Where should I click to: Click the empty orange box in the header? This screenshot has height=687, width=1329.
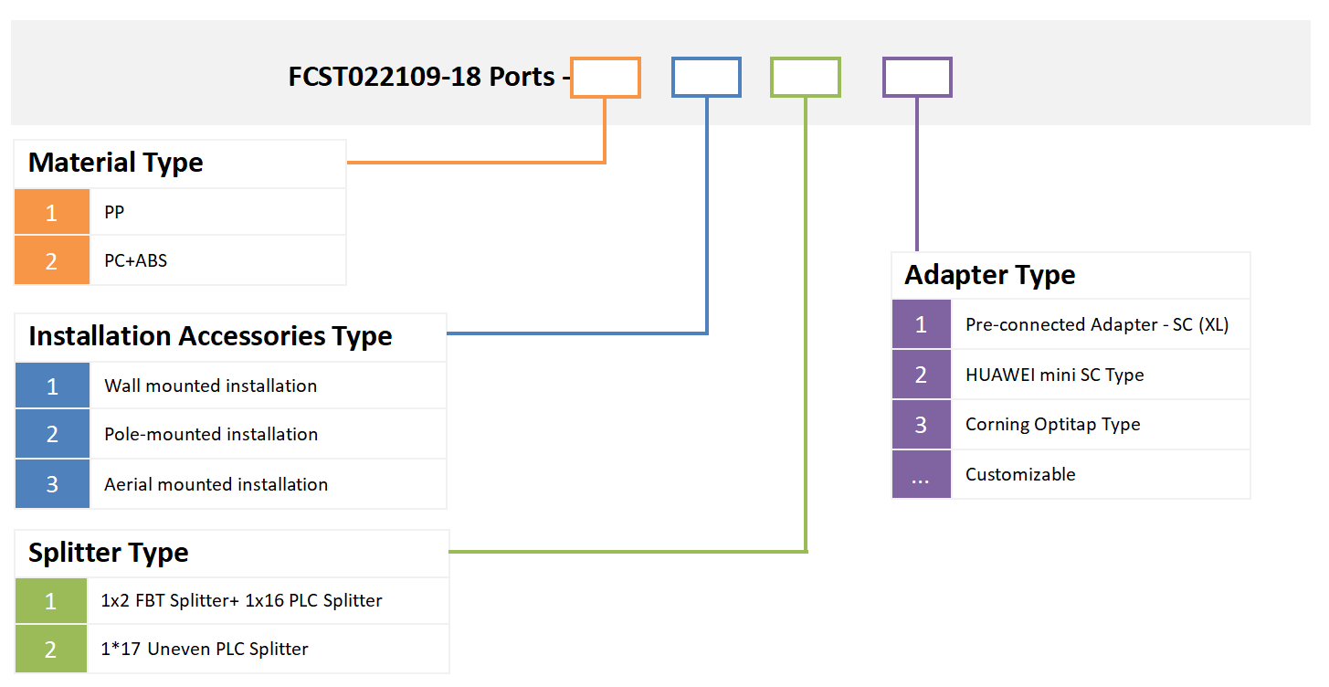coord(605,78)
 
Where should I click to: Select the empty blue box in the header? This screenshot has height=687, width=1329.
coord(706,78)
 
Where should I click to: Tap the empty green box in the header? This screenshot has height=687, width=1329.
coord(805,78)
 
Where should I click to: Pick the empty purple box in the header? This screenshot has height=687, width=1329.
coord(917,78)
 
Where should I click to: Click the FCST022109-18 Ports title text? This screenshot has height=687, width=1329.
coord(422,77)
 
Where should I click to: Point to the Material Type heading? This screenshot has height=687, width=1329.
coord(116,163)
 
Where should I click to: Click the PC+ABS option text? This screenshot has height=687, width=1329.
coord(135,260)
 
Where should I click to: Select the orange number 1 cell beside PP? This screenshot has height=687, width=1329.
coord(52,213)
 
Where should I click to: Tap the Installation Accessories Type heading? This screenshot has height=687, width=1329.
coord(210,336)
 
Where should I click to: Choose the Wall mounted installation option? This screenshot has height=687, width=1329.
coord(210,386)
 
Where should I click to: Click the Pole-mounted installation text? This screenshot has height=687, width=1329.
coord(211,435)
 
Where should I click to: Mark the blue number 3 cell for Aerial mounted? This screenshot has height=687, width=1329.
coord(52,484)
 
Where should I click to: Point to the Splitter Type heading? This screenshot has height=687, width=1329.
coord(109,553)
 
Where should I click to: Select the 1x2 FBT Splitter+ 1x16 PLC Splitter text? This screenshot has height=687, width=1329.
coord(241,601)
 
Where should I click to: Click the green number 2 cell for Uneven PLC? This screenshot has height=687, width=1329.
coord(51,650)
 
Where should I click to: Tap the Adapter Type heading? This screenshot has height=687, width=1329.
coord(989,275)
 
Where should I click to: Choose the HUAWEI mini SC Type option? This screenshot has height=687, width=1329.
coord(1054,375)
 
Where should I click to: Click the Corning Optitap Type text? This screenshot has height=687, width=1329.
coord(1052,425)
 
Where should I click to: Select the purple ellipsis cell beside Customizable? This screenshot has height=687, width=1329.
coord(921,475)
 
